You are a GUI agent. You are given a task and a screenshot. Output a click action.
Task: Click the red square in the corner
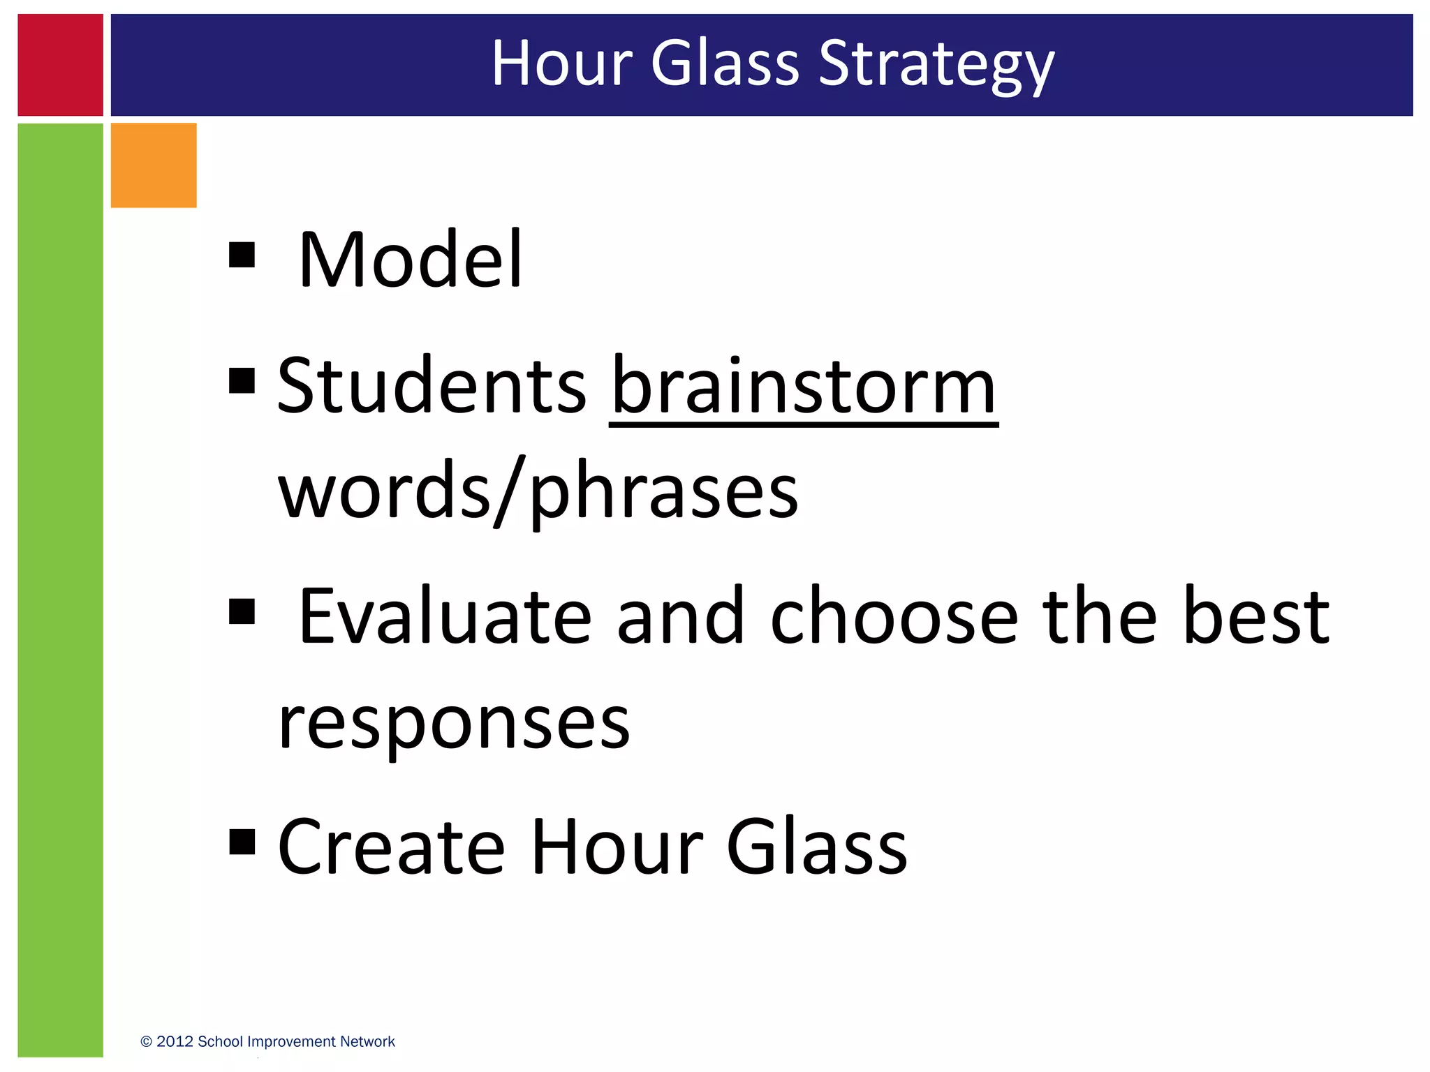60,65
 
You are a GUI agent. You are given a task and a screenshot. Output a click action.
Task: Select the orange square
154,165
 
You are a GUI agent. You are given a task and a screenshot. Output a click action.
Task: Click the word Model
410,260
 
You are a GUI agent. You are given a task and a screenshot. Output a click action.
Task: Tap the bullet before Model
242,255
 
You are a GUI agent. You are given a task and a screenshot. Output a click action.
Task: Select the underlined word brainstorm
804,386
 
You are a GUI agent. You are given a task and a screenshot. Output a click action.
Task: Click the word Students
432,386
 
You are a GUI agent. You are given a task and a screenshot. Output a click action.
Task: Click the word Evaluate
445,616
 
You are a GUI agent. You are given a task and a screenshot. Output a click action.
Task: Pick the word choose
894,616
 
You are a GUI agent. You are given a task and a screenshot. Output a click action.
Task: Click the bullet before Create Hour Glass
242,842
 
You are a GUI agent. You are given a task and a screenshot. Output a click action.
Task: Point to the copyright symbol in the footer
146,1042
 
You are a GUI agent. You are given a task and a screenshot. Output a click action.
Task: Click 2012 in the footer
175,1042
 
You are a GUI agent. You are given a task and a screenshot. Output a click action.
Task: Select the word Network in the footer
368,1042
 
